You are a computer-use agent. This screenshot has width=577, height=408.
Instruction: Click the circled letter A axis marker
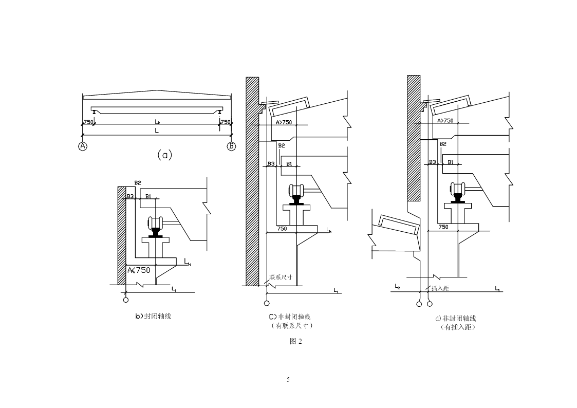click(83, 146)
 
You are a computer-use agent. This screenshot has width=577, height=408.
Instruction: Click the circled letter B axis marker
click(231, 146)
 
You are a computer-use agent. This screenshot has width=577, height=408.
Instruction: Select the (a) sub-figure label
click(164, 155)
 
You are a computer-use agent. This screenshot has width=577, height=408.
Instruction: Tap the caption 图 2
click(295, 342)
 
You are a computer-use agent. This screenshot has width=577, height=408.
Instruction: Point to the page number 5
click(288, 380)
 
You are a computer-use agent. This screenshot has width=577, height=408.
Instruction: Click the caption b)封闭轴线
click(153, 316)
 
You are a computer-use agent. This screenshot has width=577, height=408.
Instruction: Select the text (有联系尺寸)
click(291, 326)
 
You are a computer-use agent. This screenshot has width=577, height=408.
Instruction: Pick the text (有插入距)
click(458, 327)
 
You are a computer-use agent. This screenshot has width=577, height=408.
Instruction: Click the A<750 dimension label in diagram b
click(139, 270)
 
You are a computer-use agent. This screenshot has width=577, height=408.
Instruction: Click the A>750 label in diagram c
click(284, 122)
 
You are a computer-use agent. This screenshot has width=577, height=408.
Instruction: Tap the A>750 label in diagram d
click(445, 120)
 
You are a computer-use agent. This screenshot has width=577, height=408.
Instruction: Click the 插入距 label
click(440, 288)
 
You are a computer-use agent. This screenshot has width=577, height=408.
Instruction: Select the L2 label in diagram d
click(397, 286)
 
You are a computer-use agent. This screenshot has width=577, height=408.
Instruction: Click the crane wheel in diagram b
click(155, 223)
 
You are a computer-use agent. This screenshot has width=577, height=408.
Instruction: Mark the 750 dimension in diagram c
click(282, 229)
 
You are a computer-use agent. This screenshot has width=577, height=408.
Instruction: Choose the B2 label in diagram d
click(443, 144)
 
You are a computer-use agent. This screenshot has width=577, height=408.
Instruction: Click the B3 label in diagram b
click(130, 196)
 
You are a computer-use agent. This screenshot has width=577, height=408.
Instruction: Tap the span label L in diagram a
click(157, 131)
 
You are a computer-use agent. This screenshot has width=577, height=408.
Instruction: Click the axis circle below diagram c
click(267, 303)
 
